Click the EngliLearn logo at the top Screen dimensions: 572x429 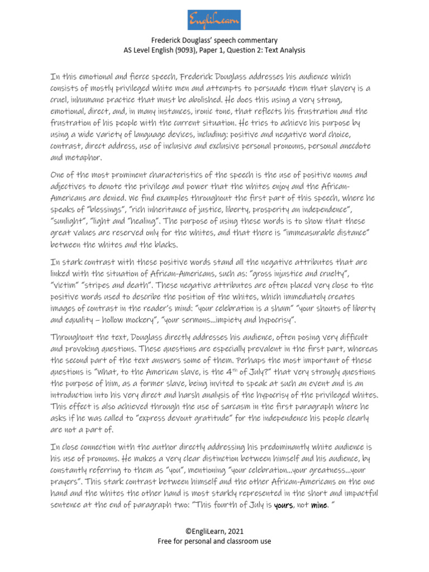click(x=214, y=20)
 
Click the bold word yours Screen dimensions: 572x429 click(x=284, y=506)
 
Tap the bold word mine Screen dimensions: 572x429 click(x=318, y=506)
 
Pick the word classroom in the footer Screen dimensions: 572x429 click(x=240, y=541)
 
